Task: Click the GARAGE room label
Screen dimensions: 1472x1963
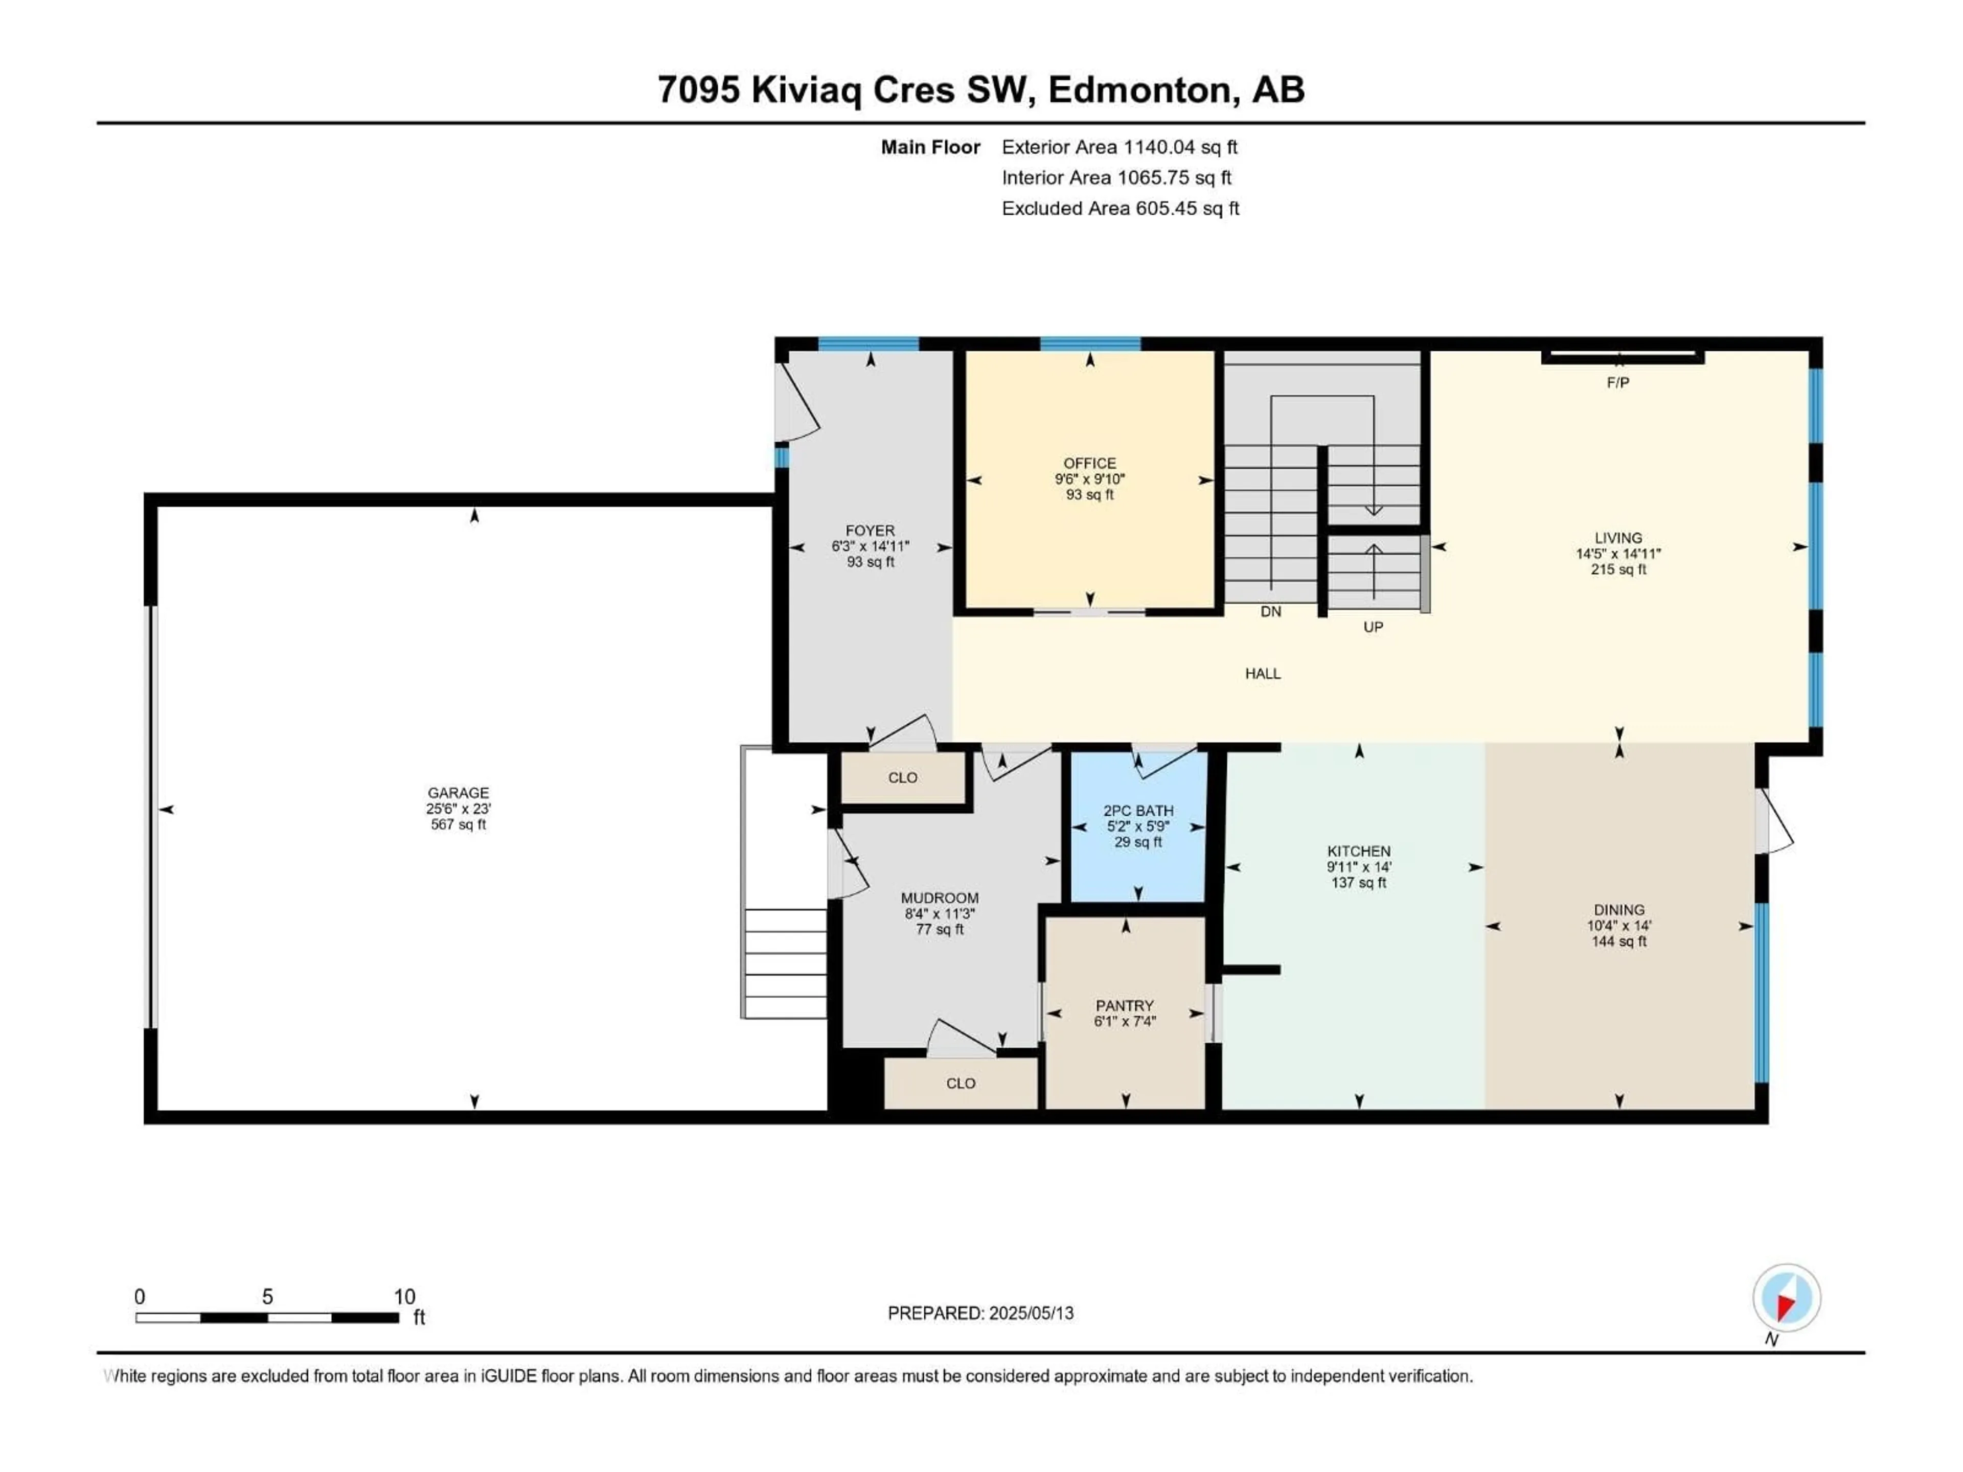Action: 458,792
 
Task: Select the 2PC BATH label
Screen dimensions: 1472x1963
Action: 1138,810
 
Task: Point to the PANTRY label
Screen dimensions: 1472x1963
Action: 1124,1005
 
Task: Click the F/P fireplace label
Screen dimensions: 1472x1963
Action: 1618,382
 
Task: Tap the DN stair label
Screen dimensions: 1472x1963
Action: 1271,611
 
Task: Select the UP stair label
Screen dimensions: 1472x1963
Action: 1373,627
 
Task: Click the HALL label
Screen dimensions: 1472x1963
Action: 1262,674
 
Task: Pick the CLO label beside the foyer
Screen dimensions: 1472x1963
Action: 902,777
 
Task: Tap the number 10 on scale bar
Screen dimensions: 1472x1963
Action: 405,1296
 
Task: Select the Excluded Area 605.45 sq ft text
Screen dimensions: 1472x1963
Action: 1120,209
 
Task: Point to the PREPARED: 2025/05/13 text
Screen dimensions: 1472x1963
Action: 980,1313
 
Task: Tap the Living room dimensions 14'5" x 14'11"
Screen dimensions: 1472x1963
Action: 1618,554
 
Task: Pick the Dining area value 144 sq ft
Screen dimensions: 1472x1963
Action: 1618,941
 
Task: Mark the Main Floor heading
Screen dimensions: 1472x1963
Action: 930,147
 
